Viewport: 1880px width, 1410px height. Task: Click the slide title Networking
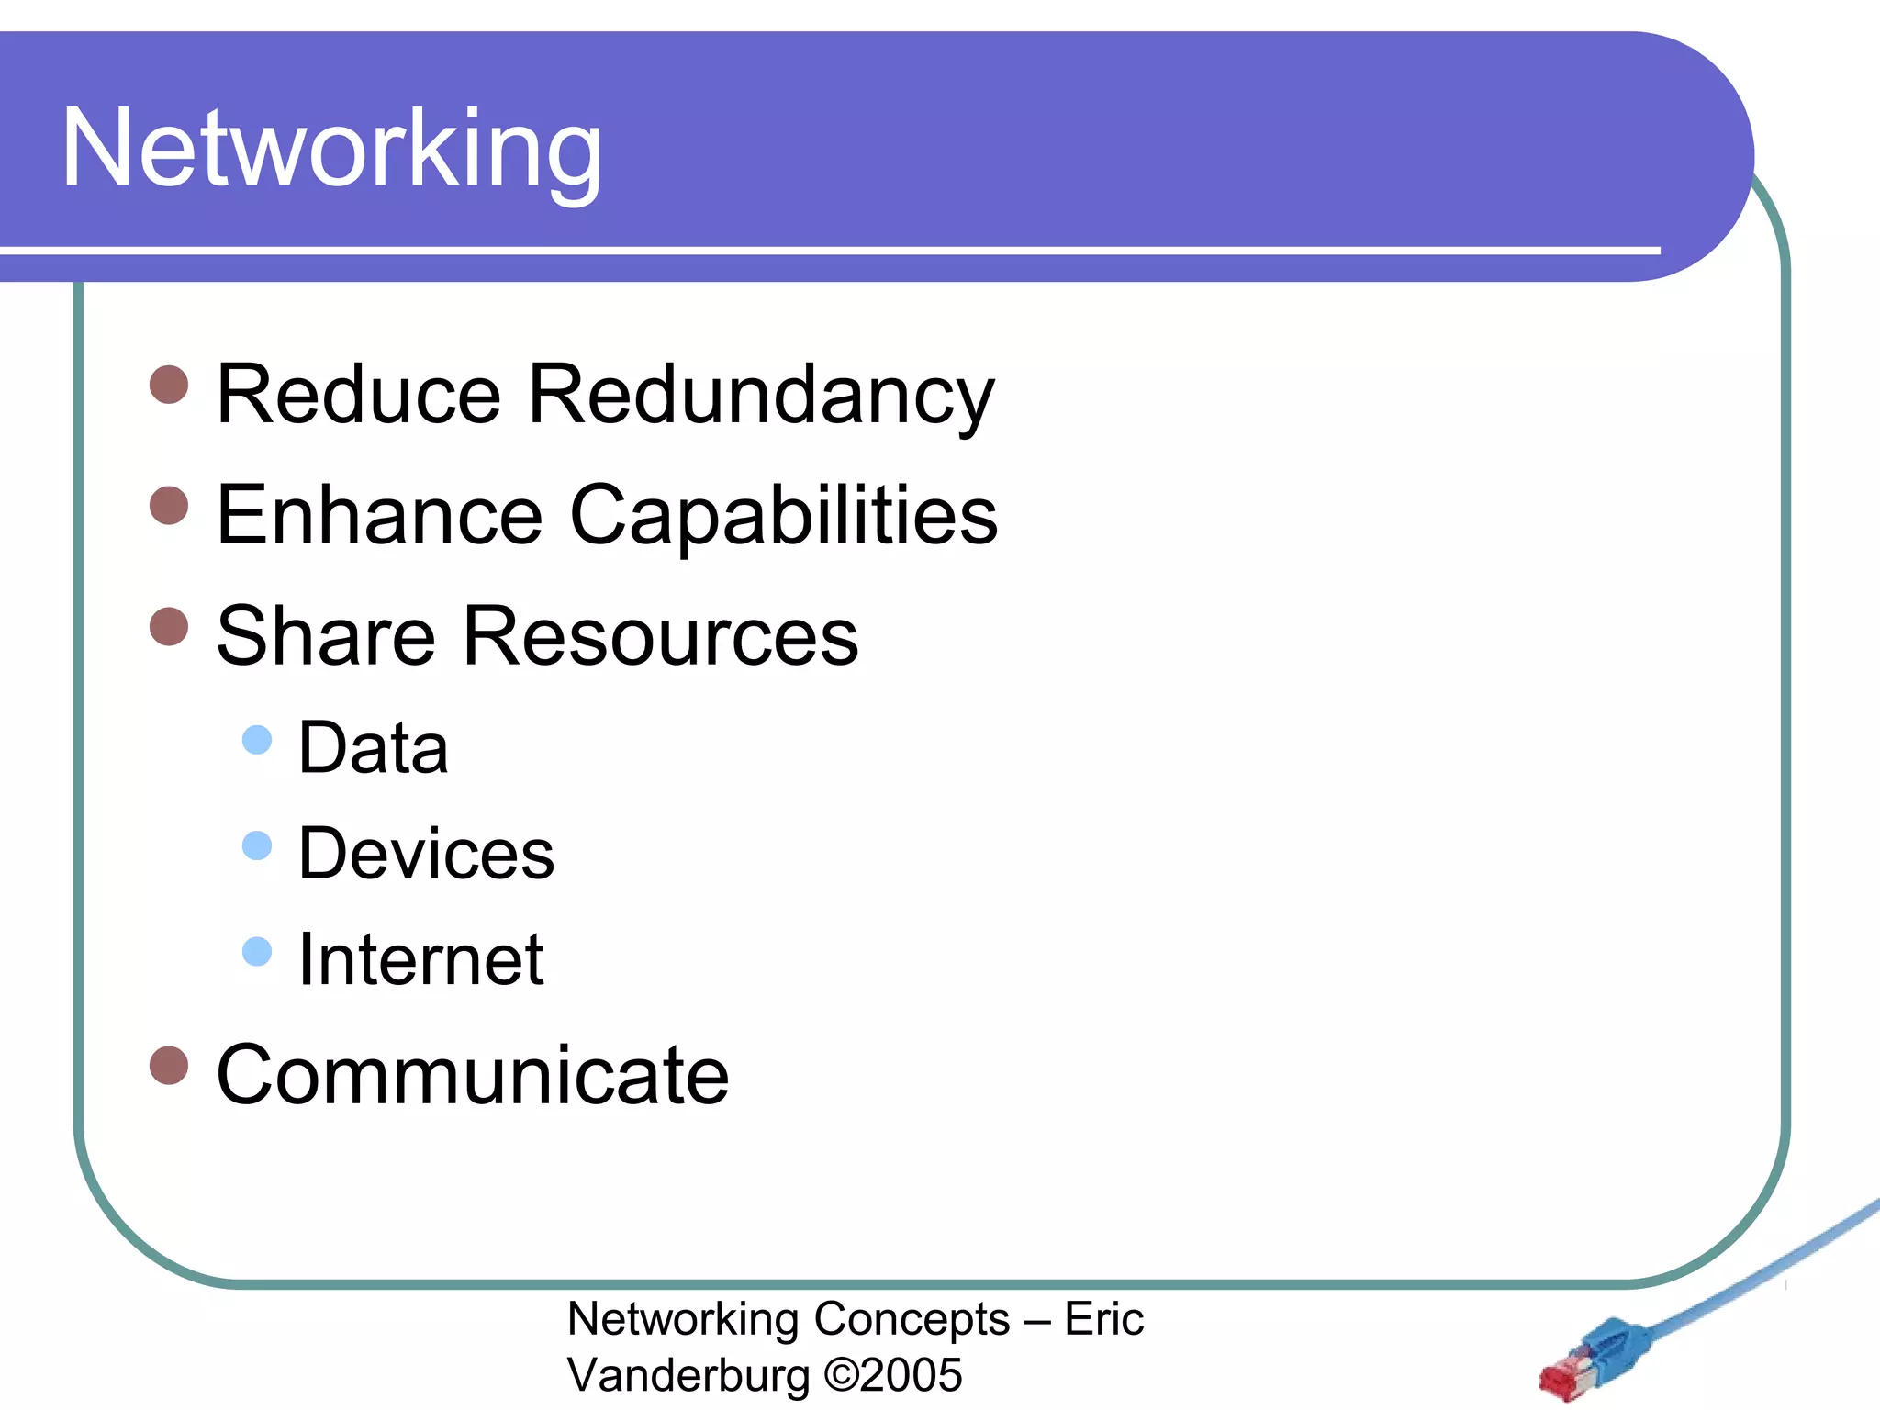click(331, 150)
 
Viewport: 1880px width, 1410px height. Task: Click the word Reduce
click(358, 395)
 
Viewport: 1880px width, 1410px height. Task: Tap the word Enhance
click(379, 515)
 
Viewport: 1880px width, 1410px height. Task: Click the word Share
click(326, 636)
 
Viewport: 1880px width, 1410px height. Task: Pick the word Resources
click(660, 636)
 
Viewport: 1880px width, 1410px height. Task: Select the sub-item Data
click(374, 748)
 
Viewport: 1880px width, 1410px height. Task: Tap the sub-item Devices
click(426, 854)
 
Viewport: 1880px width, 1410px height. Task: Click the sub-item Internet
click(421, 959)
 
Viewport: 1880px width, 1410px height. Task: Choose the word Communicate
click(473, 1075)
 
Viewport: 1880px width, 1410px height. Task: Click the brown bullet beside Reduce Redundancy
click(169, 385)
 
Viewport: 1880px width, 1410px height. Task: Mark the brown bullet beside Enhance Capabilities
click(169, 505)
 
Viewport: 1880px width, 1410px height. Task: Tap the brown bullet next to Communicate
click(169, 1065)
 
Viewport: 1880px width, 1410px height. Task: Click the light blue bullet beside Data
click(257, 740)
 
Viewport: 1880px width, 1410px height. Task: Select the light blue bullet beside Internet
click(257, 951)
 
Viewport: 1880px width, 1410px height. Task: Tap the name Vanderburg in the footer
click(688, 1375)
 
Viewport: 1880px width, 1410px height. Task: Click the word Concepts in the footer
click(912, 1320)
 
